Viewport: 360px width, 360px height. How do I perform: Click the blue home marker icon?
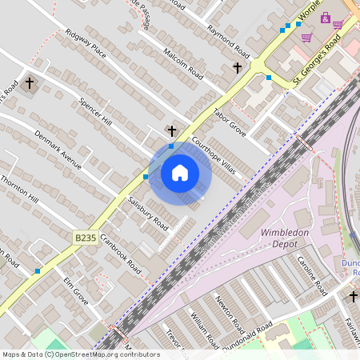(x=180, y=173)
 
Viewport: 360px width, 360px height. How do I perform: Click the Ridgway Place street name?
(x=86, y=46)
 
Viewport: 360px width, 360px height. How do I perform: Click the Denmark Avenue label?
(x=58, y=150)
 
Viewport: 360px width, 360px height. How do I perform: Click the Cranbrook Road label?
(x=120, y=254)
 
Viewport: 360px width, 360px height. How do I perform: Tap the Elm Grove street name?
(x=75, y=291)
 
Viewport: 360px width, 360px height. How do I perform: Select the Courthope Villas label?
(x=214, y=152)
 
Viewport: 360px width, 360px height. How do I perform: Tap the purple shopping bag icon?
(x=325, y=18)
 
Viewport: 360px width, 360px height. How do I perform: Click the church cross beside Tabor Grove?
(x=237, y=68)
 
